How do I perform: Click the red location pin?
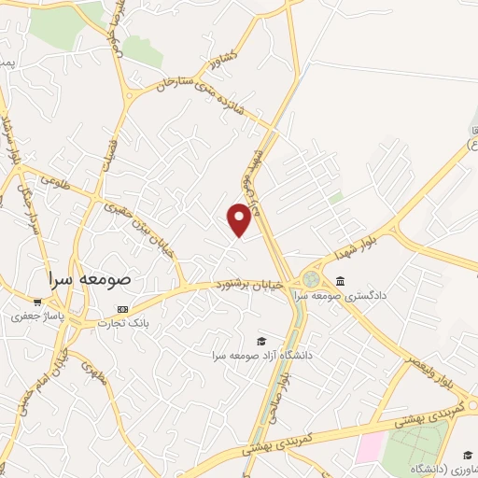pos(240,218)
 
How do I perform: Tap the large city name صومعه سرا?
pos(90,279)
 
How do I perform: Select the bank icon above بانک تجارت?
pos(121,309)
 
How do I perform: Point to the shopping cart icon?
pos(37,302)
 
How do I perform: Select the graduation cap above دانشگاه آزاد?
pos(261,341)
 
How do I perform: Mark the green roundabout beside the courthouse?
pos(310,280)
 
